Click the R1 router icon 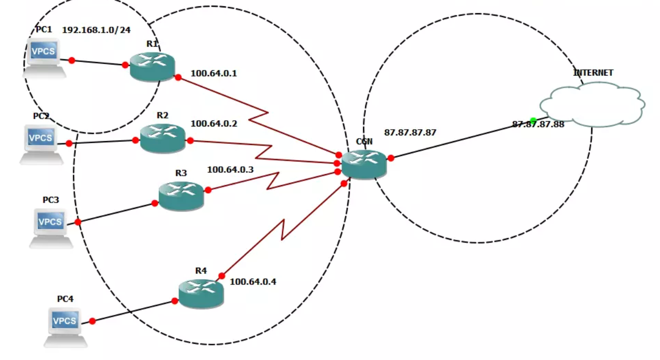tap(152, 66)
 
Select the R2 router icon tap(163, 139)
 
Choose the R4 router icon tap(201, 294)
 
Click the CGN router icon tap(364, 164)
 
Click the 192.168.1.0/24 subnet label tap(97, 29)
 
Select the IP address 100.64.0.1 tap(214, 73)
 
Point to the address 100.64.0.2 tap(214, 124)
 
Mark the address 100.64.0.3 tap(230, 170)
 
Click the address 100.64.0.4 tap(253, 281)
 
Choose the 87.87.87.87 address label tap(410, 132)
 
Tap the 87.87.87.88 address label tap(538, 125)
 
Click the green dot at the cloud tap(533, 121)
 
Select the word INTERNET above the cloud tap(593, 73)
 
